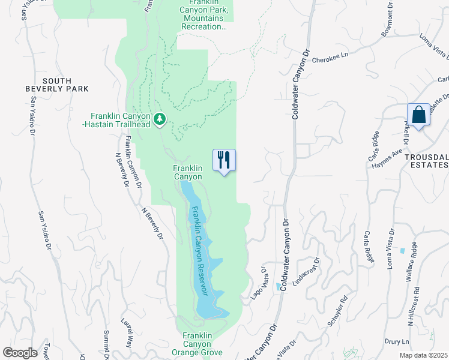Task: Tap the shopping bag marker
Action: point(418,115)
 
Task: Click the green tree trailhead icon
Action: point(159,119)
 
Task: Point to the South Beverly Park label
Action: point(65,85)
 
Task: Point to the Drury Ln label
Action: point(397,341)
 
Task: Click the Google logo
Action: point(20,352)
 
